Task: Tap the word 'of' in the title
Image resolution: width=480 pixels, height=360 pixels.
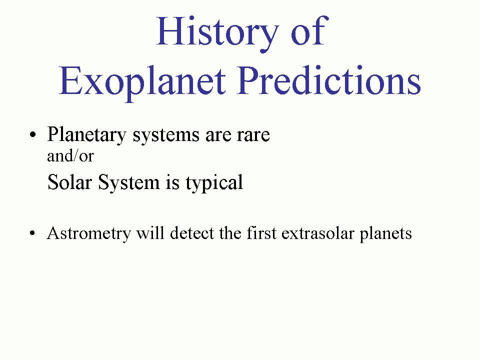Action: click(310, 30)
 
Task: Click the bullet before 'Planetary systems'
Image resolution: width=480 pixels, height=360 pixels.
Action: click(33, 134)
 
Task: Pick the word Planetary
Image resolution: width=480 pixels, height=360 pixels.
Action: click(86, 134)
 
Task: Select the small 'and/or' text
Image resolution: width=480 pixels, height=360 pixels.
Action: click(70, 155)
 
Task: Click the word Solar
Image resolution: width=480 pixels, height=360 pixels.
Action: click(70, 182)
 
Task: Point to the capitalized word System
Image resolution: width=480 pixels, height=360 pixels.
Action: click(129, 183)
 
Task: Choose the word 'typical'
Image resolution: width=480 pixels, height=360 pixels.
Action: click(214, 183)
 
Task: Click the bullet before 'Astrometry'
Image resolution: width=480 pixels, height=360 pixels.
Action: click(33, 233)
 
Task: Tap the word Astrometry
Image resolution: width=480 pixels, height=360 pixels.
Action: click(89, 234)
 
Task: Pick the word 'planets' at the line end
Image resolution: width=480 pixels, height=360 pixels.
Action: click(385, 234)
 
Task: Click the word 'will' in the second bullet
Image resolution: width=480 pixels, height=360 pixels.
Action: click(150, 233)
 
